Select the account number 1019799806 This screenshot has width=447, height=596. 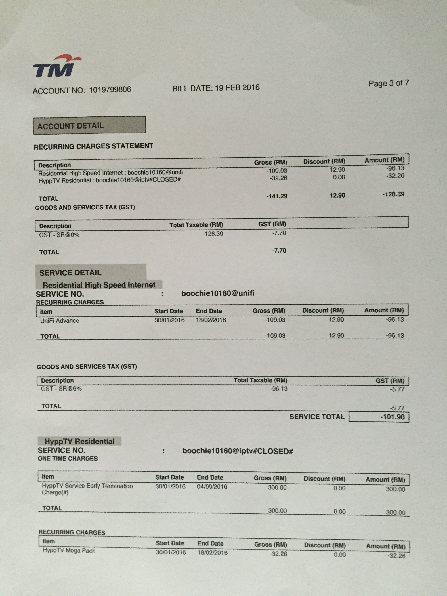(x=110, y=90)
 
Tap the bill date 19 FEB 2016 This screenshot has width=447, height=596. (x=237, y=88)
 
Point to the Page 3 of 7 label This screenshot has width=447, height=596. (x=389, y=83)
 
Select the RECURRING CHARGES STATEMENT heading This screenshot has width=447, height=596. (x=93, y=146)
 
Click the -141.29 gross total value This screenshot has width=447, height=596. (x=277, y=196)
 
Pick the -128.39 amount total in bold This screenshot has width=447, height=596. (x=393, y=194)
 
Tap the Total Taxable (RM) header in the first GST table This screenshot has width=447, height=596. (x=196, y=225)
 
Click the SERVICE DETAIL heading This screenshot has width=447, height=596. (x=70, y=273)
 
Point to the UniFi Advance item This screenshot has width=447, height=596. (x=60, y=321)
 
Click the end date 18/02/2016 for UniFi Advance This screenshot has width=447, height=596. (x=211, y=320)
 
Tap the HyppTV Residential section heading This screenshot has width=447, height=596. (x=79, y=441)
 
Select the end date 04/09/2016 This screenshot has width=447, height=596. (x=212, y=487)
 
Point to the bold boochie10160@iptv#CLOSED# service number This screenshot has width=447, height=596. (x=237, y=451)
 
